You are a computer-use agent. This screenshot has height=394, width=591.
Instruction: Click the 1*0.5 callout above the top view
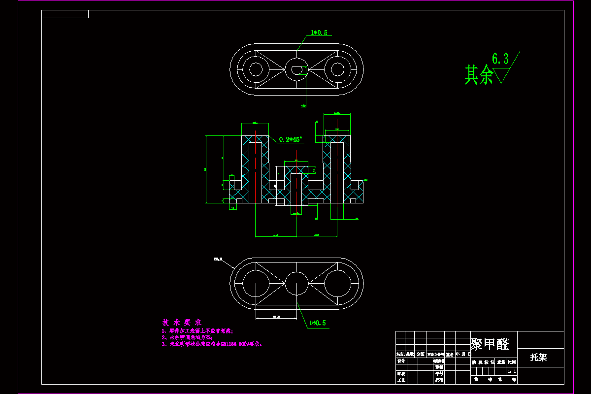click(319, 33)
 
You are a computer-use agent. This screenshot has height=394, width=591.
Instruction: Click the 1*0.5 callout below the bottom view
click(318, 324)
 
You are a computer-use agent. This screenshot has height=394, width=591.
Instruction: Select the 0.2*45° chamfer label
click(291, 139)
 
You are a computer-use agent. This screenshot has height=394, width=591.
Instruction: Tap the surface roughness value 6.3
click(500, 60)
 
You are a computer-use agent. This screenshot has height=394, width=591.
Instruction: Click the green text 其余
click(479, 75)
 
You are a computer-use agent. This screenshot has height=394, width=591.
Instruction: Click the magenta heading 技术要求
click(182, 322)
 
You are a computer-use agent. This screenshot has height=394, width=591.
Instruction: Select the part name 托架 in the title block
click(538, 358)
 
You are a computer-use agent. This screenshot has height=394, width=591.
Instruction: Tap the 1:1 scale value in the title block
click(512, 371)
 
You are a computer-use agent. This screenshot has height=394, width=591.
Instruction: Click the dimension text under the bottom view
click(276, 316)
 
